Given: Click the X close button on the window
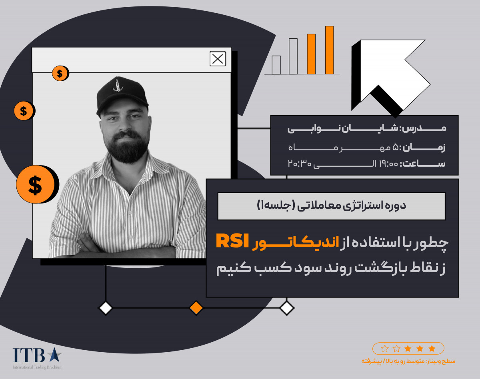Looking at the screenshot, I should [x=218, y=59].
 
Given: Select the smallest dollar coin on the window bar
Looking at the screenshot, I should [x=60, y=73].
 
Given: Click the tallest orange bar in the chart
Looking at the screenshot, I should [x=329, y=50].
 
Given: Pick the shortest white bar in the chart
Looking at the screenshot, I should [x=276, y=65].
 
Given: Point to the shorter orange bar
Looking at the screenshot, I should [x=311, y=54].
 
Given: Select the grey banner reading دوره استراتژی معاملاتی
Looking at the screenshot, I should [x=331, y=206].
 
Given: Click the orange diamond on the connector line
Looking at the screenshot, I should [x=196, y=308].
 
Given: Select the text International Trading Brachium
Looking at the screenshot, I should [x=37, y=367].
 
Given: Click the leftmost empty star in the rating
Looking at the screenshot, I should [x=385, y=349].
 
